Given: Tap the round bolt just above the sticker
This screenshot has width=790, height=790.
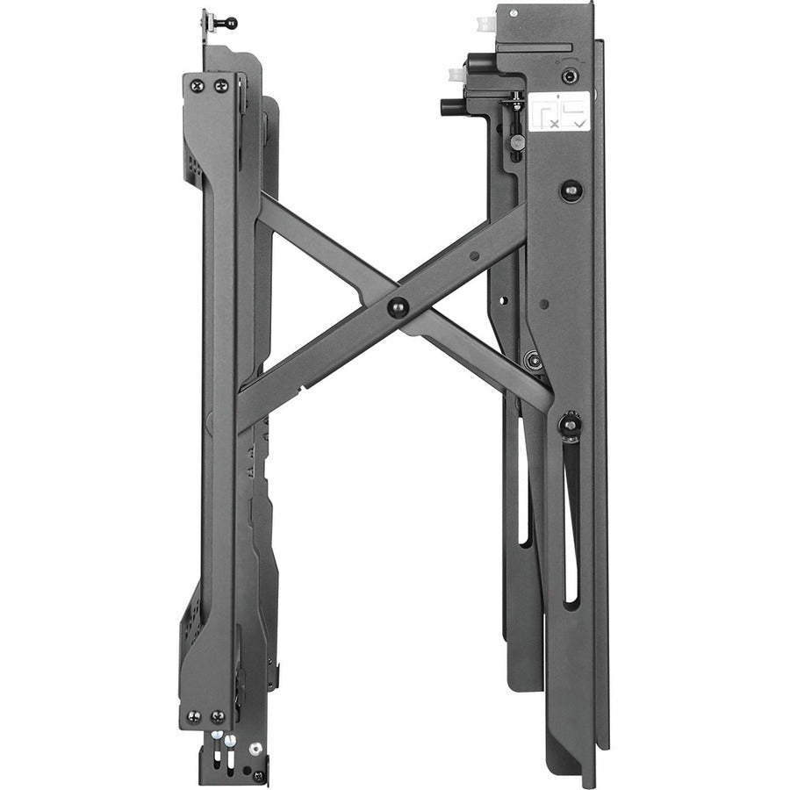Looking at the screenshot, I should pyautogui.click(x=571, y=76).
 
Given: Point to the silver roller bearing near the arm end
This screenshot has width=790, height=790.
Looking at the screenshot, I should pyautogui.click(x=532, y=358).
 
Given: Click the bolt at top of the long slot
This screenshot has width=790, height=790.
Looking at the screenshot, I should pyautogui.click(x=570, y=425).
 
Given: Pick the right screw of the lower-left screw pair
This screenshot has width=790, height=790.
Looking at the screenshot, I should pyautogui.click(x=217, y=717).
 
